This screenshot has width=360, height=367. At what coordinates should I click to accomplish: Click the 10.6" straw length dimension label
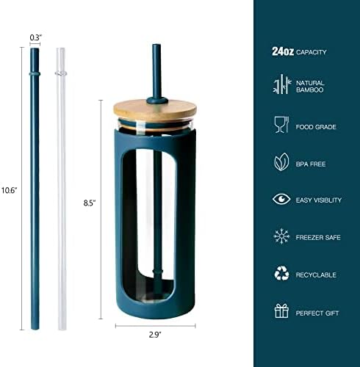(9, 190)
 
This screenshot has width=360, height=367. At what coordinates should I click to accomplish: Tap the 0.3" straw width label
(36, 37)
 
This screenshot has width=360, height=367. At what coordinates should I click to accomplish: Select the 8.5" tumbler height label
(90, 203)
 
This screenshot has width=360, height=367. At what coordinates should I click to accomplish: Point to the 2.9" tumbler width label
(155, 335)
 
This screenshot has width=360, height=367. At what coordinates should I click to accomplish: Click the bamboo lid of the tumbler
(155, 110)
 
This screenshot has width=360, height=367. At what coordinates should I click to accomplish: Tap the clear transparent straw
(61, 189)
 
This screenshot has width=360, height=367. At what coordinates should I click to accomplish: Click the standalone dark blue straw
(35, 189)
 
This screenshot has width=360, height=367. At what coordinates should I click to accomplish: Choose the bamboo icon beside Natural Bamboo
(282, 84)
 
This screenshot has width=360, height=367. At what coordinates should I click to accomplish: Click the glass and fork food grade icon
(281, 125)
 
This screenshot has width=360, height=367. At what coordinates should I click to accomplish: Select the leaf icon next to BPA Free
(281, 162)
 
